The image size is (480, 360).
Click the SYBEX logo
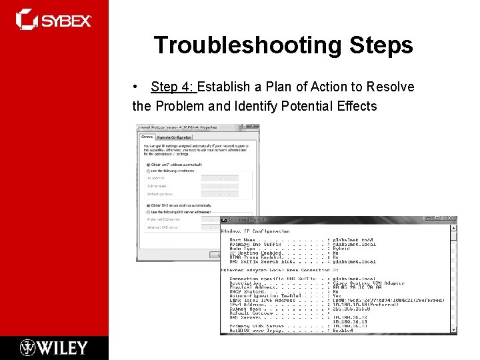[x=53, y=20]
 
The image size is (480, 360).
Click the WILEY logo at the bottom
[x=53, y=347]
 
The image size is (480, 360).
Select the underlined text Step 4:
[x=173, y=87]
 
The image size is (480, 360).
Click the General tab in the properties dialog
[x=147, y=137]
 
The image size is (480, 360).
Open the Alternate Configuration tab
[x=175, y=137]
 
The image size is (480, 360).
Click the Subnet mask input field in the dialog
[x=219, y=186]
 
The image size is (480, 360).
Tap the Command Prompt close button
[x=452, y=219]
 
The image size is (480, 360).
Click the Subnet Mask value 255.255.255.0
[x=354, y=309]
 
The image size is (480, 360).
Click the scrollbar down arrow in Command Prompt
[x=453, y=330]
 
